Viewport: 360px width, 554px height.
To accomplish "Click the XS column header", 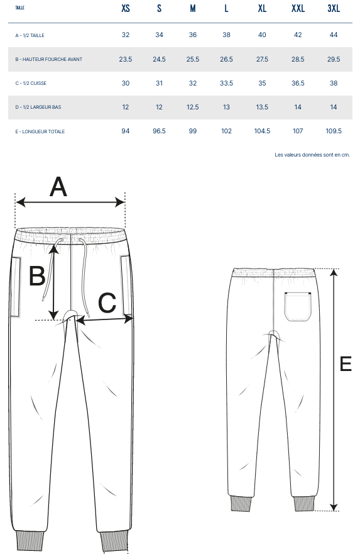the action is (126, 8).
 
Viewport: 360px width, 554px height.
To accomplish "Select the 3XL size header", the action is (334, 8).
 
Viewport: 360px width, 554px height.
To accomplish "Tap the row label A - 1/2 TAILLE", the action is (30, 35).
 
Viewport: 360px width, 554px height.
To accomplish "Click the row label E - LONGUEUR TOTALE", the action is (40, 131).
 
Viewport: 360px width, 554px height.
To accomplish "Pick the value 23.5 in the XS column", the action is (126, 59).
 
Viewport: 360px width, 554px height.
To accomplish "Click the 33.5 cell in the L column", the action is (226, 83).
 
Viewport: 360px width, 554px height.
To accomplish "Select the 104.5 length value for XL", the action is (262, 131).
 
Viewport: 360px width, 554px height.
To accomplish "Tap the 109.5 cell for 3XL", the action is (334, 131).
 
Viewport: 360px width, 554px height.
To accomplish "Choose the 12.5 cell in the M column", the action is (193, 107).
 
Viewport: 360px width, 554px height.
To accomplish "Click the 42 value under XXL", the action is (298, 35).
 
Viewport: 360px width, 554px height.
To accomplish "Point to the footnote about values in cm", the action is (312, 155).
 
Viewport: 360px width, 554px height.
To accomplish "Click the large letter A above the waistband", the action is (58, 187).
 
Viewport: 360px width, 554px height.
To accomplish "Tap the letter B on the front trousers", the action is (37, 276).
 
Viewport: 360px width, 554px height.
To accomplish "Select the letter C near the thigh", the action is (107, 302).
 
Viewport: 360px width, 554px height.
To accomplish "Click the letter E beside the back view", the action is (346, 364).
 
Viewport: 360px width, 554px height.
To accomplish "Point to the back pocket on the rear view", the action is (298, 307).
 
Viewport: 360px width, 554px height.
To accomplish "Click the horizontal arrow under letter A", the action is (70, 202).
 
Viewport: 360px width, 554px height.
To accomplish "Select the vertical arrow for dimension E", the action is (334, 390).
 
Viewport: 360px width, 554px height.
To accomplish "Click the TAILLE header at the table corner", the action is (19, 8).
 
